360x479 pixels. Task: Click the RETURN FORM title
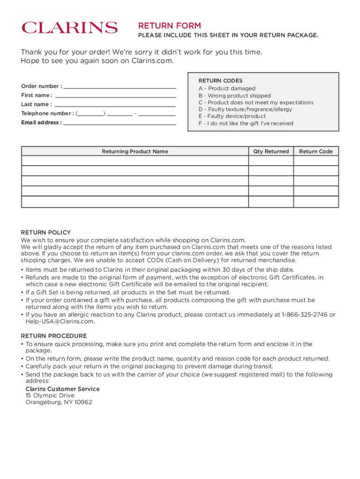pos(169,26)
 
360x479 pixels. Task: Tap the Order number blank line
pos(119,87)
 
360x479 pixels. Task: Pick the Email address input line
pos(119,123)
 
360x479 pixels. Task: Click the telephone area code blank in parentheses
pos(91,114)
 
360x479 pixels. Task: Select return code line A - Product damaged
pos(227,88)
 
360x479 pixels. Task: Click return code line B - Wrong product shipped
pos(234,95)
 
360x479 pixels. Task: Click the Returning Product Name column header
pos(135,152)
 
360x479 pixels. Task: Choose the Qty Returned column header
pos(271,152)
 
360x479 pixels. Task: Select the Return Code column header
pos(316,152)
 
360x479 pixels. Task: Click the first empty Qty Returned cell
pos(271,160)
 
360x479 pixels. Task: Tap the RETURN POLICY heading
pos(46,232)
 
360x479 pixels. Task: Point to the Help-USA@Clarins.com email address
pos(60,322)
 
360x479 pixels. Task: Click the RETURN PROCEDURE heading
pos(54,336)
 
